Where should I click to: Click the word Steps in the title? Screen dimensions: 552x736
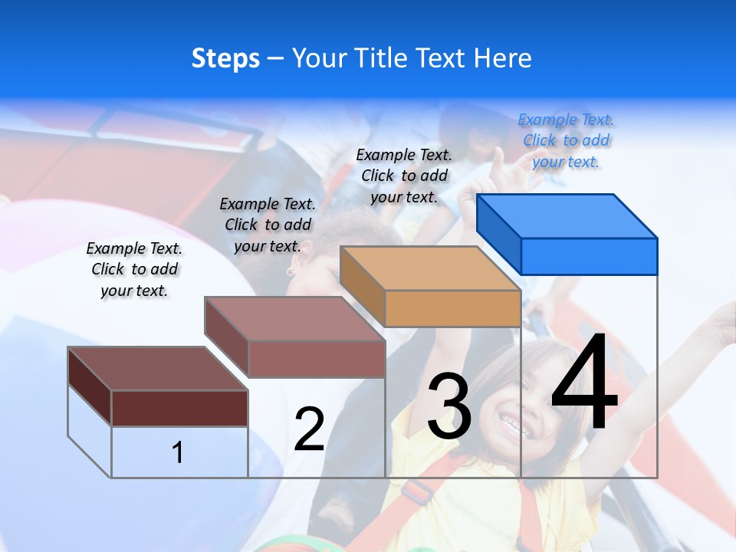225,58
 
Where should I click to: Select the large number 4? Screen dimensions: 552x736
584,383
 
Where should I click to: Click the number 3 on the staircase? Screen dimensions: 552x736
449,406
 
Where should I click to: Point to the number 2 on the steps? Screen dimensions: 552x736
309,429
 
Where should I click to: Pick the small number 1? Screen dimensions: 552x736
178,452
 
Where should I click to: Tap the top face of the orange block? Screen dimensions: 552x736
430,268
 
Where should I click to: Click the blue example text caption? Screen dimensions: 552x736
566,140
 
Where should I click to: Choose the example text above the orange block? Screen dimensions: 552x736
404,176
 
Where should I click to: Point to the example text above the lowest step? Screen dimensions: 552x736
134,269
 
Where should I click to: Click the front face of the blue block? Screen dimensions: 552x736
589,256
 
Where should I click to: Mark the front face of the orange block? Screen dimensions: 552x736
452,308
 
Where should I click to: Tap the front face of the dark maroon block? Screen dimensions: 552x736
179,408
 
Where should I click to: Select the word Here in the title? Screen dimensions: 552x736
503,58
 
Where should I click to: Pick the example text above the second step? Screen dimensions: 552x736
268,225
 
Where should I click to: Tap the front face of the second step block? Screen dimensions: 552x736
317,359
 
